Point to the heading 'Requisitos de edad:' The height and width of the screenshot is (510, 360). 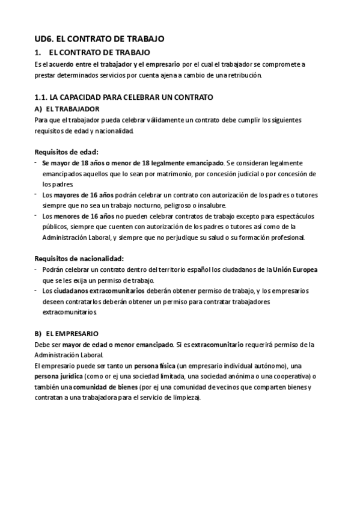click(x=66, y=152)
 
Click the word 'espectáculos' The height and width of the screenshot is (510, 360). click(x=285, y=216)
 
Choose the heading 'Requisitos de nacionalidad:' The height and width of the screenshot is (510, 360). click(x=79, y=258)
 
